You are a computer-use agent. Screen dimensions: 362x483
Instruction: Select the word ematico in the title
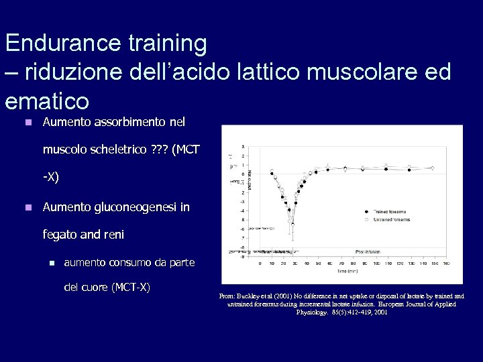pyautogui.click(x=46, y=101)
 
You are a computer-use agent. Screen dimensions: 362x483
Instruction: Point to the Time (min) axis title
pyautogui.click(x=348, y=271)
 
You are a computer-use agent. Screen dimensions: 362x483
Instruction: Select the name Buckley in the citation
pyautogui.click(x=250, y=296)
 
